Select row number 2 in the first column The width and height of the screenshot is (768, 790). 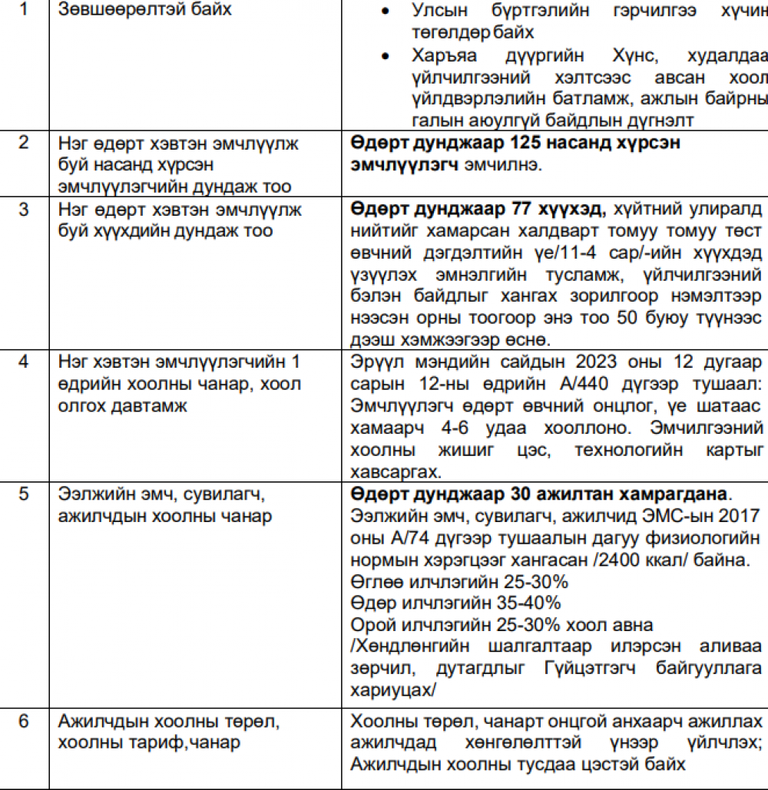pyautogui.click(x=24, y=143)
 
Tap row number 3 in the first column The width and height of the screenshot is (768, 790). pyautogui.click(x=24, y=209)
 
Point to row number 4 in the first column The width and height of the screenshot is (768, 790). pyautogui.click(x=24, y=362)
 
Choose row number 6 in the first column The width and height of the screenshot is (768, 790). pyautogui.click(x=24, y=722)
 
